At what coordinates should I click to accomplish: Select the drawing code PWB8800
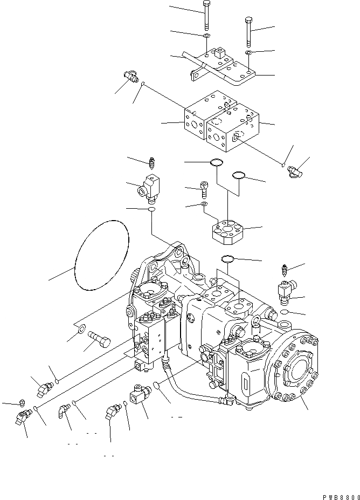(x=338, y=494)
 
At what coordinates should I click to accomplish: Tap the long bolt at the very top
(x=207, y=16)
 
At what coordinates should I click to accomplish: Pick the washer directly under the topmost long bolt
(x=207, y=36)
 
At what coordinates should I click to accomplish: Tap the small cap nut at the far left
(x=22, y=402)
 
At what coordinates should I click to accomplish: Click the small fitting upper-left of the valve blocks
(x=130, y=77)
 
